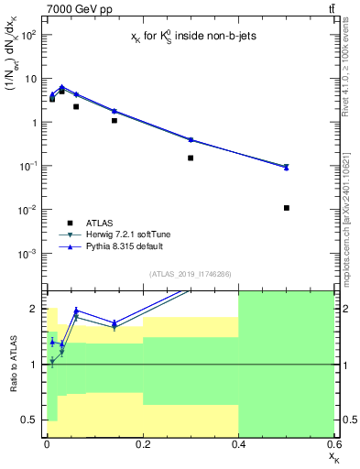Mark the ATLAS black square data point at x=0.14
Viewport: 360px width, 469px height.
(x=115, y=120)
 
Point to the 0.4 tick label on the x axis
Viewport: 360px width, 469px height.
(x=238, y=443)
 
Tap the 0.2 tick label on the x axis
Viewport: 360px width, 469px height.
(x=142, y=443)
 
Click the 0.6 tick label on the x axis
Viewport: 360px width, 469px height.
(x=333, y=443)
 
